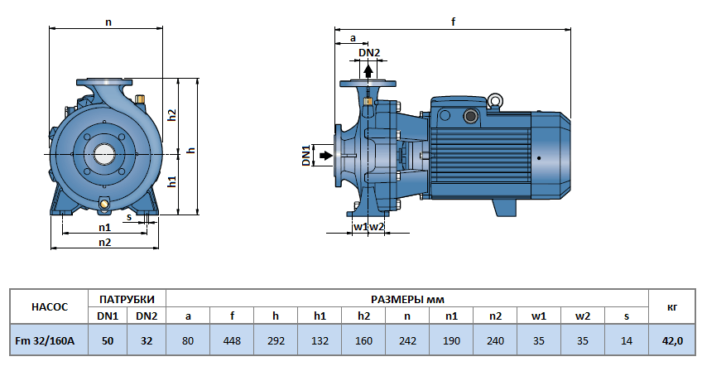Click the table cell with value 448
(233, 340)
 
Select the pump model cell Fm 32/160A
(50, 340)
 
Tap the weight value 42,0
(671, 340)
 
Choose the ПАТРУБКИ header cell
(127, 298)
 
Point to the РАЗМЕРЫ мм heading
(407, 298)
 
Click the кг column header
(671, 306)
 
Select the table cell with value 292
(276, 340)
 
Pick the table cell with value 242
(407, 340)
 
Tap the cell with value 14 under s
(626, 340)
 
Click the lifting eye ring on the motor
(495, 102)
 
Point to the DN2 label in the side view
(369, 53)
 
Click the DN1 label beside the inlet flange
(305, 155)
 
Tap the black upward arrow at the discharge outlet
(368, 70)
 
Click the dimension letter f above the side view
(454, 22)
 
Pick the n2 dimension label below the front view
(104, 242)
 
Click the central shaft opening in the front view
(105, 153)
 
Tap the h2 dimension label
(172, 115)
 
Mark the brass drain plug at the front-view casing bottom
(105, 204)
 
